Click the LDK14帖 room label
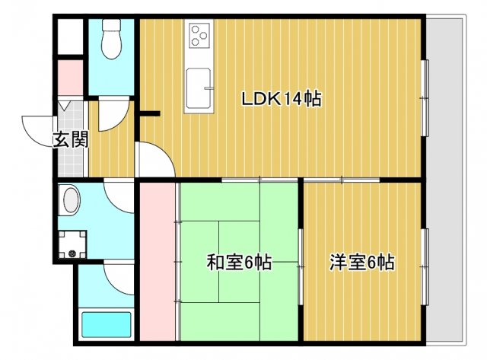coord(281,98)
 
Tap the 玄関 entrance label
coord(70,139)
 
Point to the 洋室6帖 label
coord(361,263)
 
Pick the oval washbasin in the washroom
coord(71,202)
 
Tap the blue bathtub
coord(107,324)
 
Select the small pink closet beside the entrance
coord(71,77)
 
